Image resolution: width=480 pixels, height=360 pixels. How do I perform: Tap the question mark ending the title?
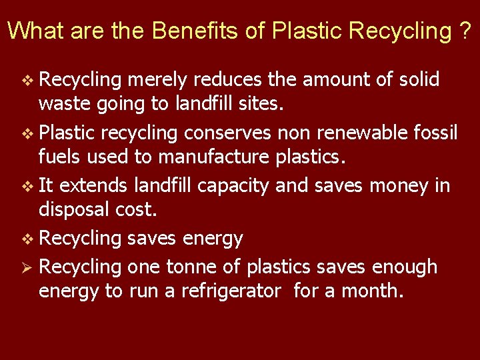pyautogui.click(x=465, y=31)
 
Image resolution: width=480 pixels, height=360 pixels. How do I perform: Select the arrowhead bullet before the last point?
pyautogui.click(x=26, y=267)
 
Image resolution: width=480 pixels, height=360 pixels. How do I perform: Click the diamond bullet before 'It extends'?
pyautogui.click(x=26, y=185)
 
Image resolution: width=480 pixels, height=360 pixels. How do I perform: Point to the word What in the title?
pyautogui.click(x=33, y=31)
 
